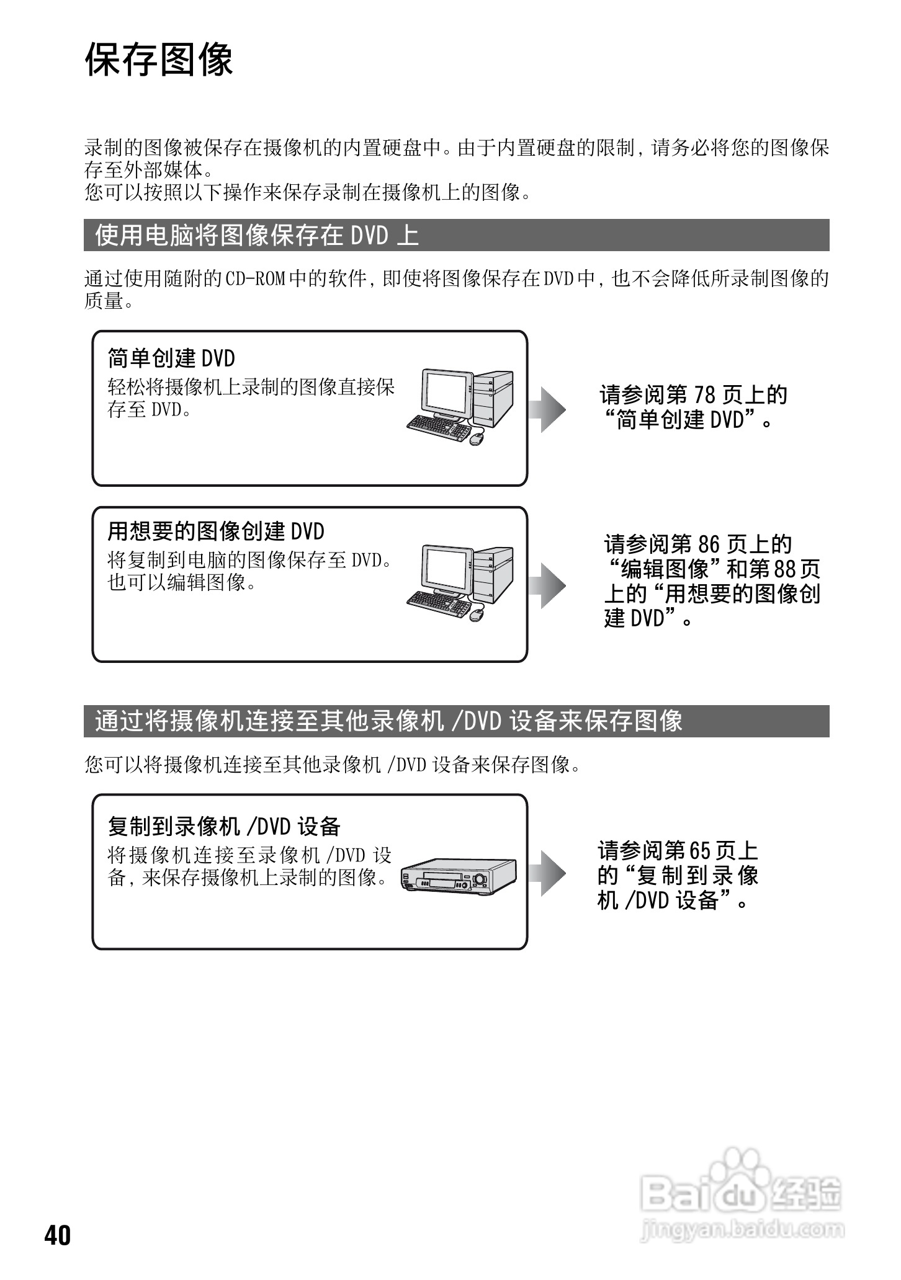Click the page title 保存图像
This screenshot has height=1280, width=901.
coord(159,60)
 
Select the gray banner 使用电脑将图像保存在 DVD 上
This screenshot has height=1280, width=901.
coord(456,235)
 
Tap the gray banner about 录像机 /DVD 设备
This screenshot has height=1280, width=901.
coord(456,721)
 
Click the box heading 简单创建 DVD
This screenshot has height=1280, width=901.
coord(172,358)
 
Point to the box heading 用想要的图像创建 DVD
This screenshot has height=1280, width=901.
coord(216,531)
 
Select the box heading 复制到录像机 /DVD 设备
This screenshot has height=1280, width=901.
coord(224,826)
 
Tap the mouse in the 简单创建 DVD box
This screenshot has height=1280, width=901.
coord(477,438)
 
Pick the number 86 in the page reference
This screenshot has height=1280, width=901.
coord(707,544)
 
